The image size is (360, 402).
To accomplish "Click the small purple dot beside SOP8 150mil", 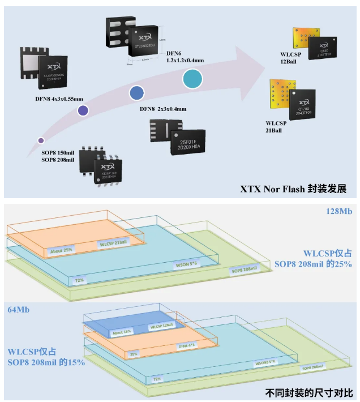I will click(41, 140).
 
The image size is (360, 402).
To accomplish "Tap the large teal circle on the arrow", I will click(193, 78).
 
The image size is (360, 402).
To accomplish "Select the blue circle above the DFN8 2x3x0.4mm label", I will click(136, 93).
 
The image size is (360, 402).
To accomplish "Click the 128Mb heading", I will click(338, 211).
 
